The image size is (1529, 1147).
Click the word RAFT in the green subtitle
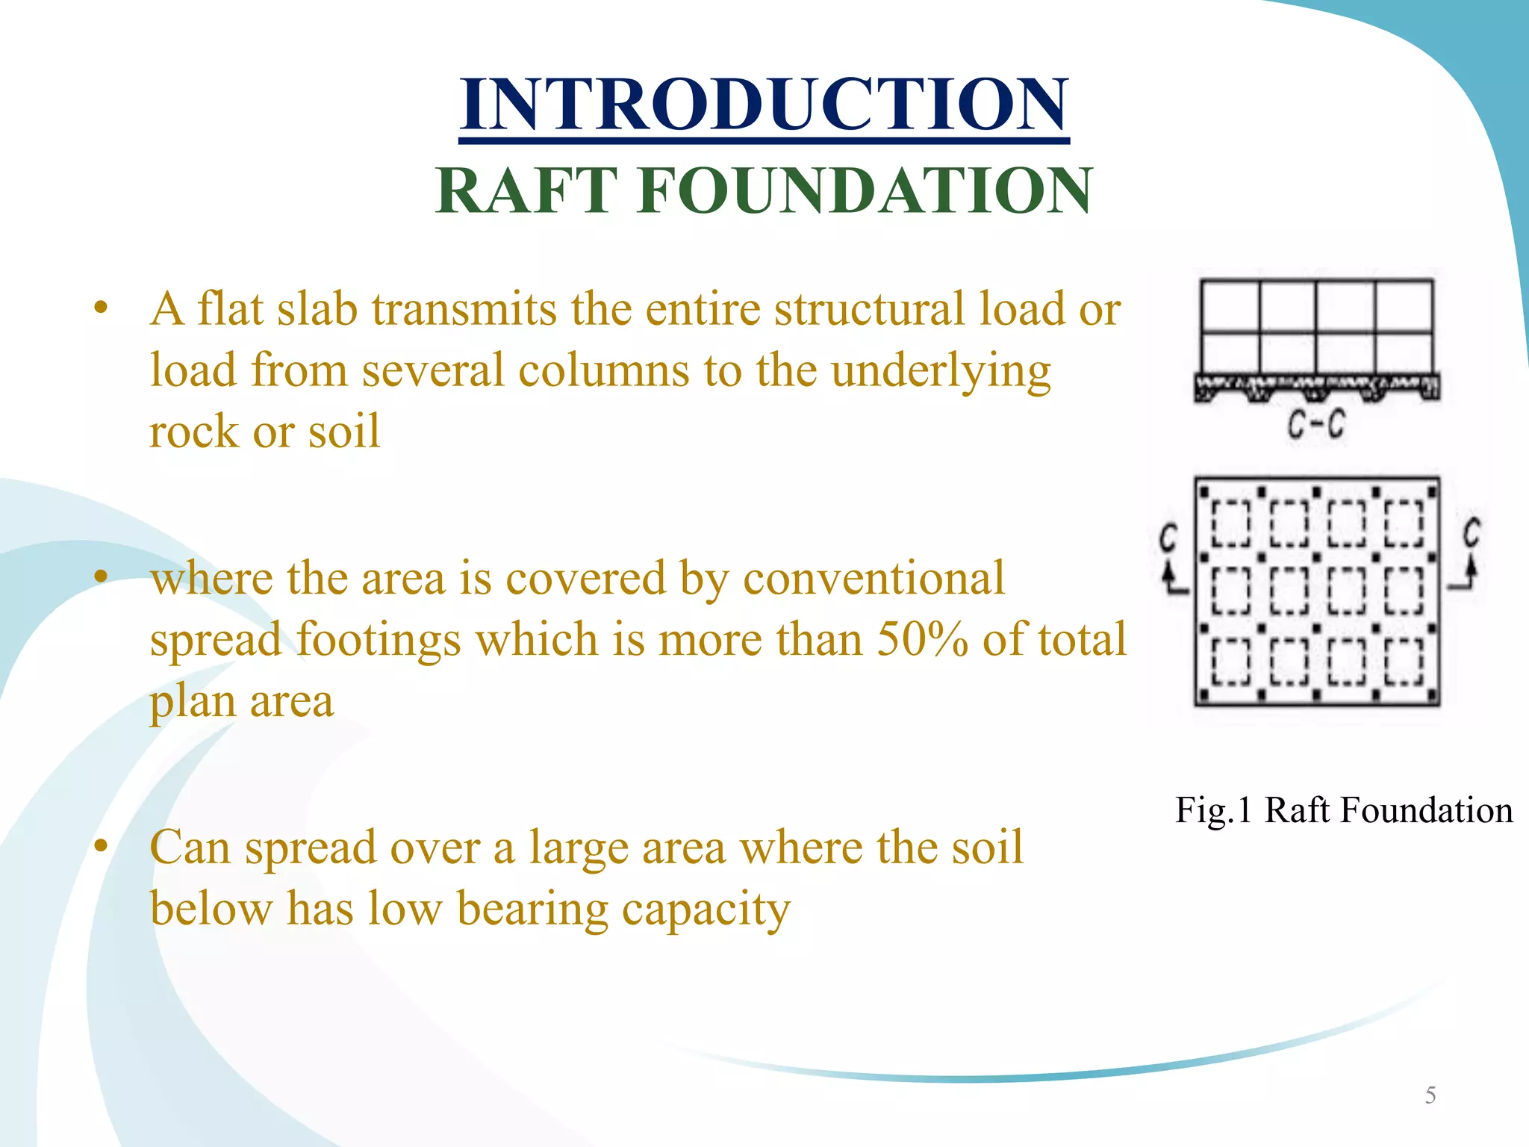point(526,191)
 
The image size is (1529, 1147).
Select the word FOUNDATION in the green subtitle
point(865,191)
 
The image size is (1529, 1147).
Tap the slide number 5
point(1430,1095)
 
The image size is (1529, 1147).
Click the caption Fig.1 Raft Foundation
point(1343,810)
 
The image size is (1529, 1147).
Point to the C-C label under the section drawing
point(1316,426)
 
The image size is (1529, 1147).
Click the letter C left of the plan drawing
point(1168,538)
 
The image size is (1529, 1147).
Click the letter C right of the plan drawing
point(1472,533)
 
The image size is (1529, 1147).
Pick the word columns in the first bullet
point(604,370)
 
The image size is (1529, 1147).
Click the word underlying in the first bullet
point(941,370)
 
